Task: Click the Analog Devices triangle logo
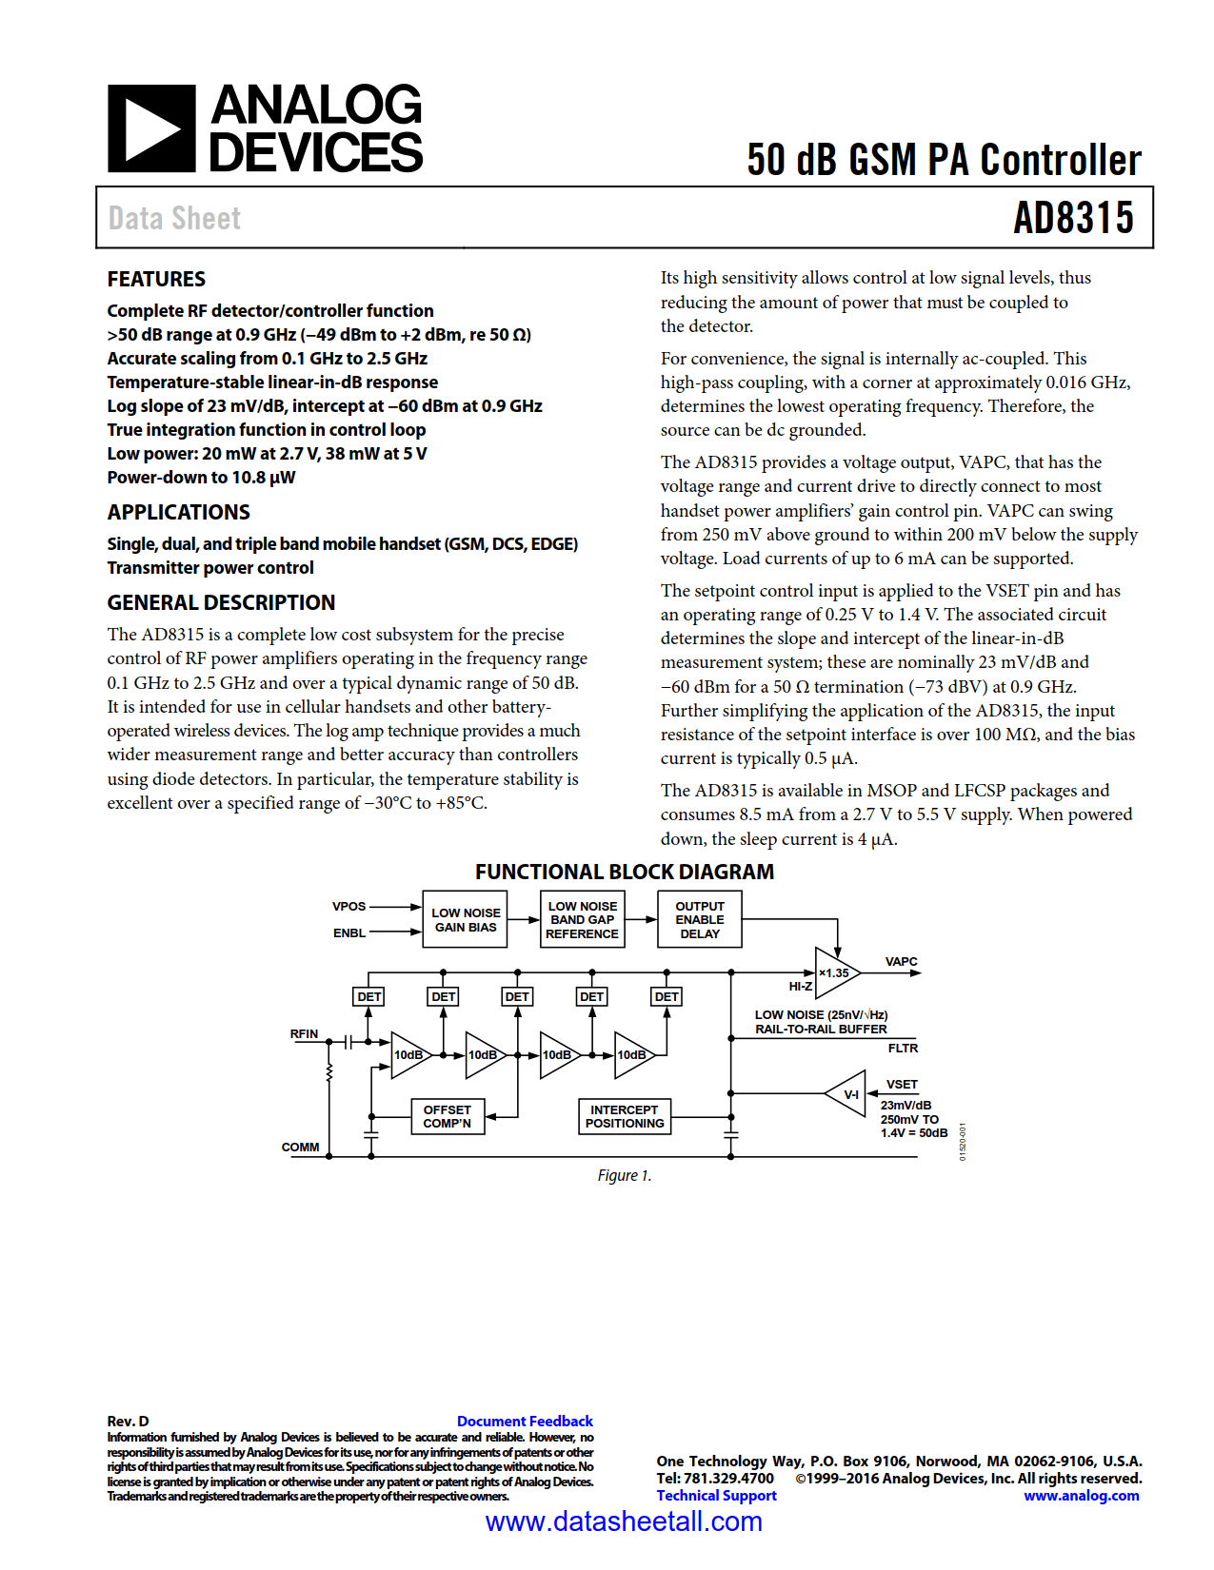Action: [151, 128]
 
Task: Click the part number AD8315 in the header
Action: [1073, 218]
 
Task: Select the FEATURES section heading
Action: [156, 279]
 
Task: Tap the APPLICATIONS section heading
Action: [178, 512]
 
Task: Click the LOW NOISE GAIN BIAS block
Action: [466, 919]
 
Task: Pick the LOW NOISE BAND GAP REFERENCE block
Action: [582, 919]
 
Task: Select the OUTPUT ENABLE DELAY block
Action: [700, 919]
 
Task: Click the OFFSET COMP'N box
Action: [447, 1116]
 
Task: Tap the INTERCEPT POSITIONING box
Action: [625, 1116]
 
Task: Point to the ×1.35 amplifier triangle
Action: [834, 972]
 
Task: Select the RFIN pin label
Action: [304, 1033]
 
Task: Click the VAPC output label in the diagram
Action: [901, 961]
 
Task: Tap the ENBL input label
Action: [349, 932]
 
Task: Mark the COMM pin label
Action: [300, 1147]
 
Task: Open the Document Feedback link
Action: [525, 1421]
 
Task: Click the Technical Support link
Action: [716, 1495]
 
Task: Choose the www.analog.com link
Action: [1081, 1495]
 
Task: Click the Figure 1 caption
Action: [625, 1175]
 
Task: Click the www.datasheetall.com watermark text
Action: [624, 1521]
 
